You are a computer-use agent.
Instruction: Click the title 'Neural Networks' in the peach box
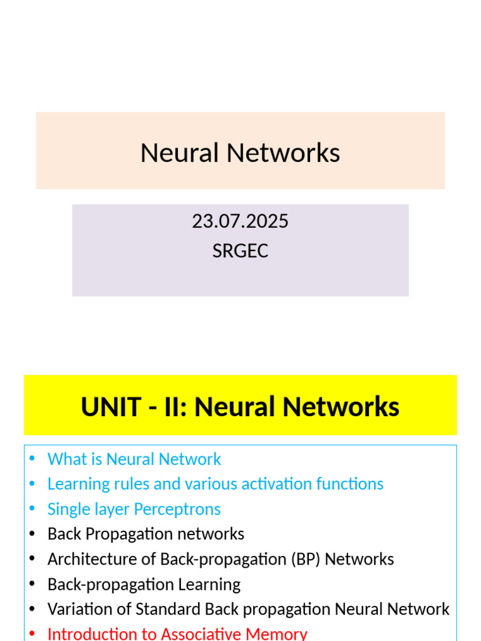point(240,153)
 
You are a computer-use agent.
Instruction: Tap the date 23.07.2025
point(240,222)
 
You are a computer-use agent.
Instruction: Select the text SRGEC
point(240,251)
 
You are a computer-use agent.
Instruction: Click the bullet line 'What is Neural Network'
point(134,459)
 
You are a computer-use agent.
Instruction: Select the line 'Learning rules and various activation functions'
point(215,484)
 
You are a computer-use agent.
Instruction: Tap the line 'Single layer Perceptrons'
point(134,510)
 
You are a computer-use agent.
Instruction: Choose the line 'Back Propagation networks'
point(146,534)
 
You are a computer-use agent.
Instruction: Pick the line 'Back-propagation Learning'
point(144,585)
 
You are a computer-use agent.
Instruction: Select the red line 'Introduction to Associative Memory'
point(177,633)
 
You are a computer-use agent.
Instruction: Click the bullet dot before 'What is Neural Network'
point(33,459)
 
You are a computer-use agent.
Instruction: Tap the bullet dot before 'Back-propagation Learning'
point(33,585)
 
